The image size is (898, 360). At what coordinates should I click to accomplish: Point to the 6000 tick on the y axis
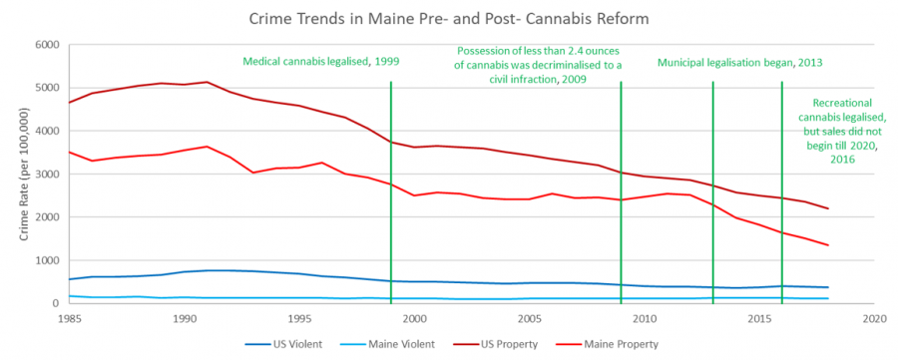point(47,45)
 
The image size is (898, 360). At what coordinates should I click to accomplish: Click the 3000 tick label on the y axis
point(47,175)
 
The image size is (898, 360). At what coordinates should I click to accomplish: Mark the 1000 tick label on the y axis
point(47,260)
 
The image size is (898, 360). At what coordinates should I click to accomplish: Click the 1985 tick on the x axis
point(69,318)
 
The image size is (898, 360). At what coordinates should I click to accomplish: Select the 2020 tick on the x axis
point(874,318)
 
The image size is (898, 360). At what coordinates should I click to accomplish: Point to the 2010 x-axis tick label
point(644,318)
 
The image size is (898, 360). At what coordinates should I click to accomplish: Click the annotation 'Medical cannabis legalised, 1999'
point(321,62)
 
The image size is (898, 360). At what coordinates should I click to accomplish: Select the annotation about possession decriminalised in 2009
point(539,64)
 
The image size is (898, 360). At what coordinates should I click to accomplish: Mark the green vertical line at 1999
point(391,199)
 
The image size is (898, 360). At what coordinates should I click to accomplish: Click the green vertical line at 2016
point(782,199)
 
